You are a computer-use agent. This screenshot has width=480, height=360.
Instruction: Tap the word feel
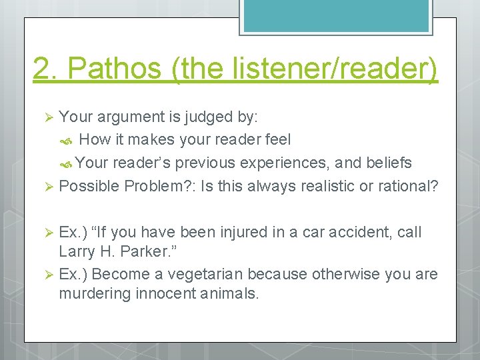pos(277,140)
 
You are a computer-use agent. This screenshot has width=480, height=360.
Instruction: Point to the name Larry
pos(77,252)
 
